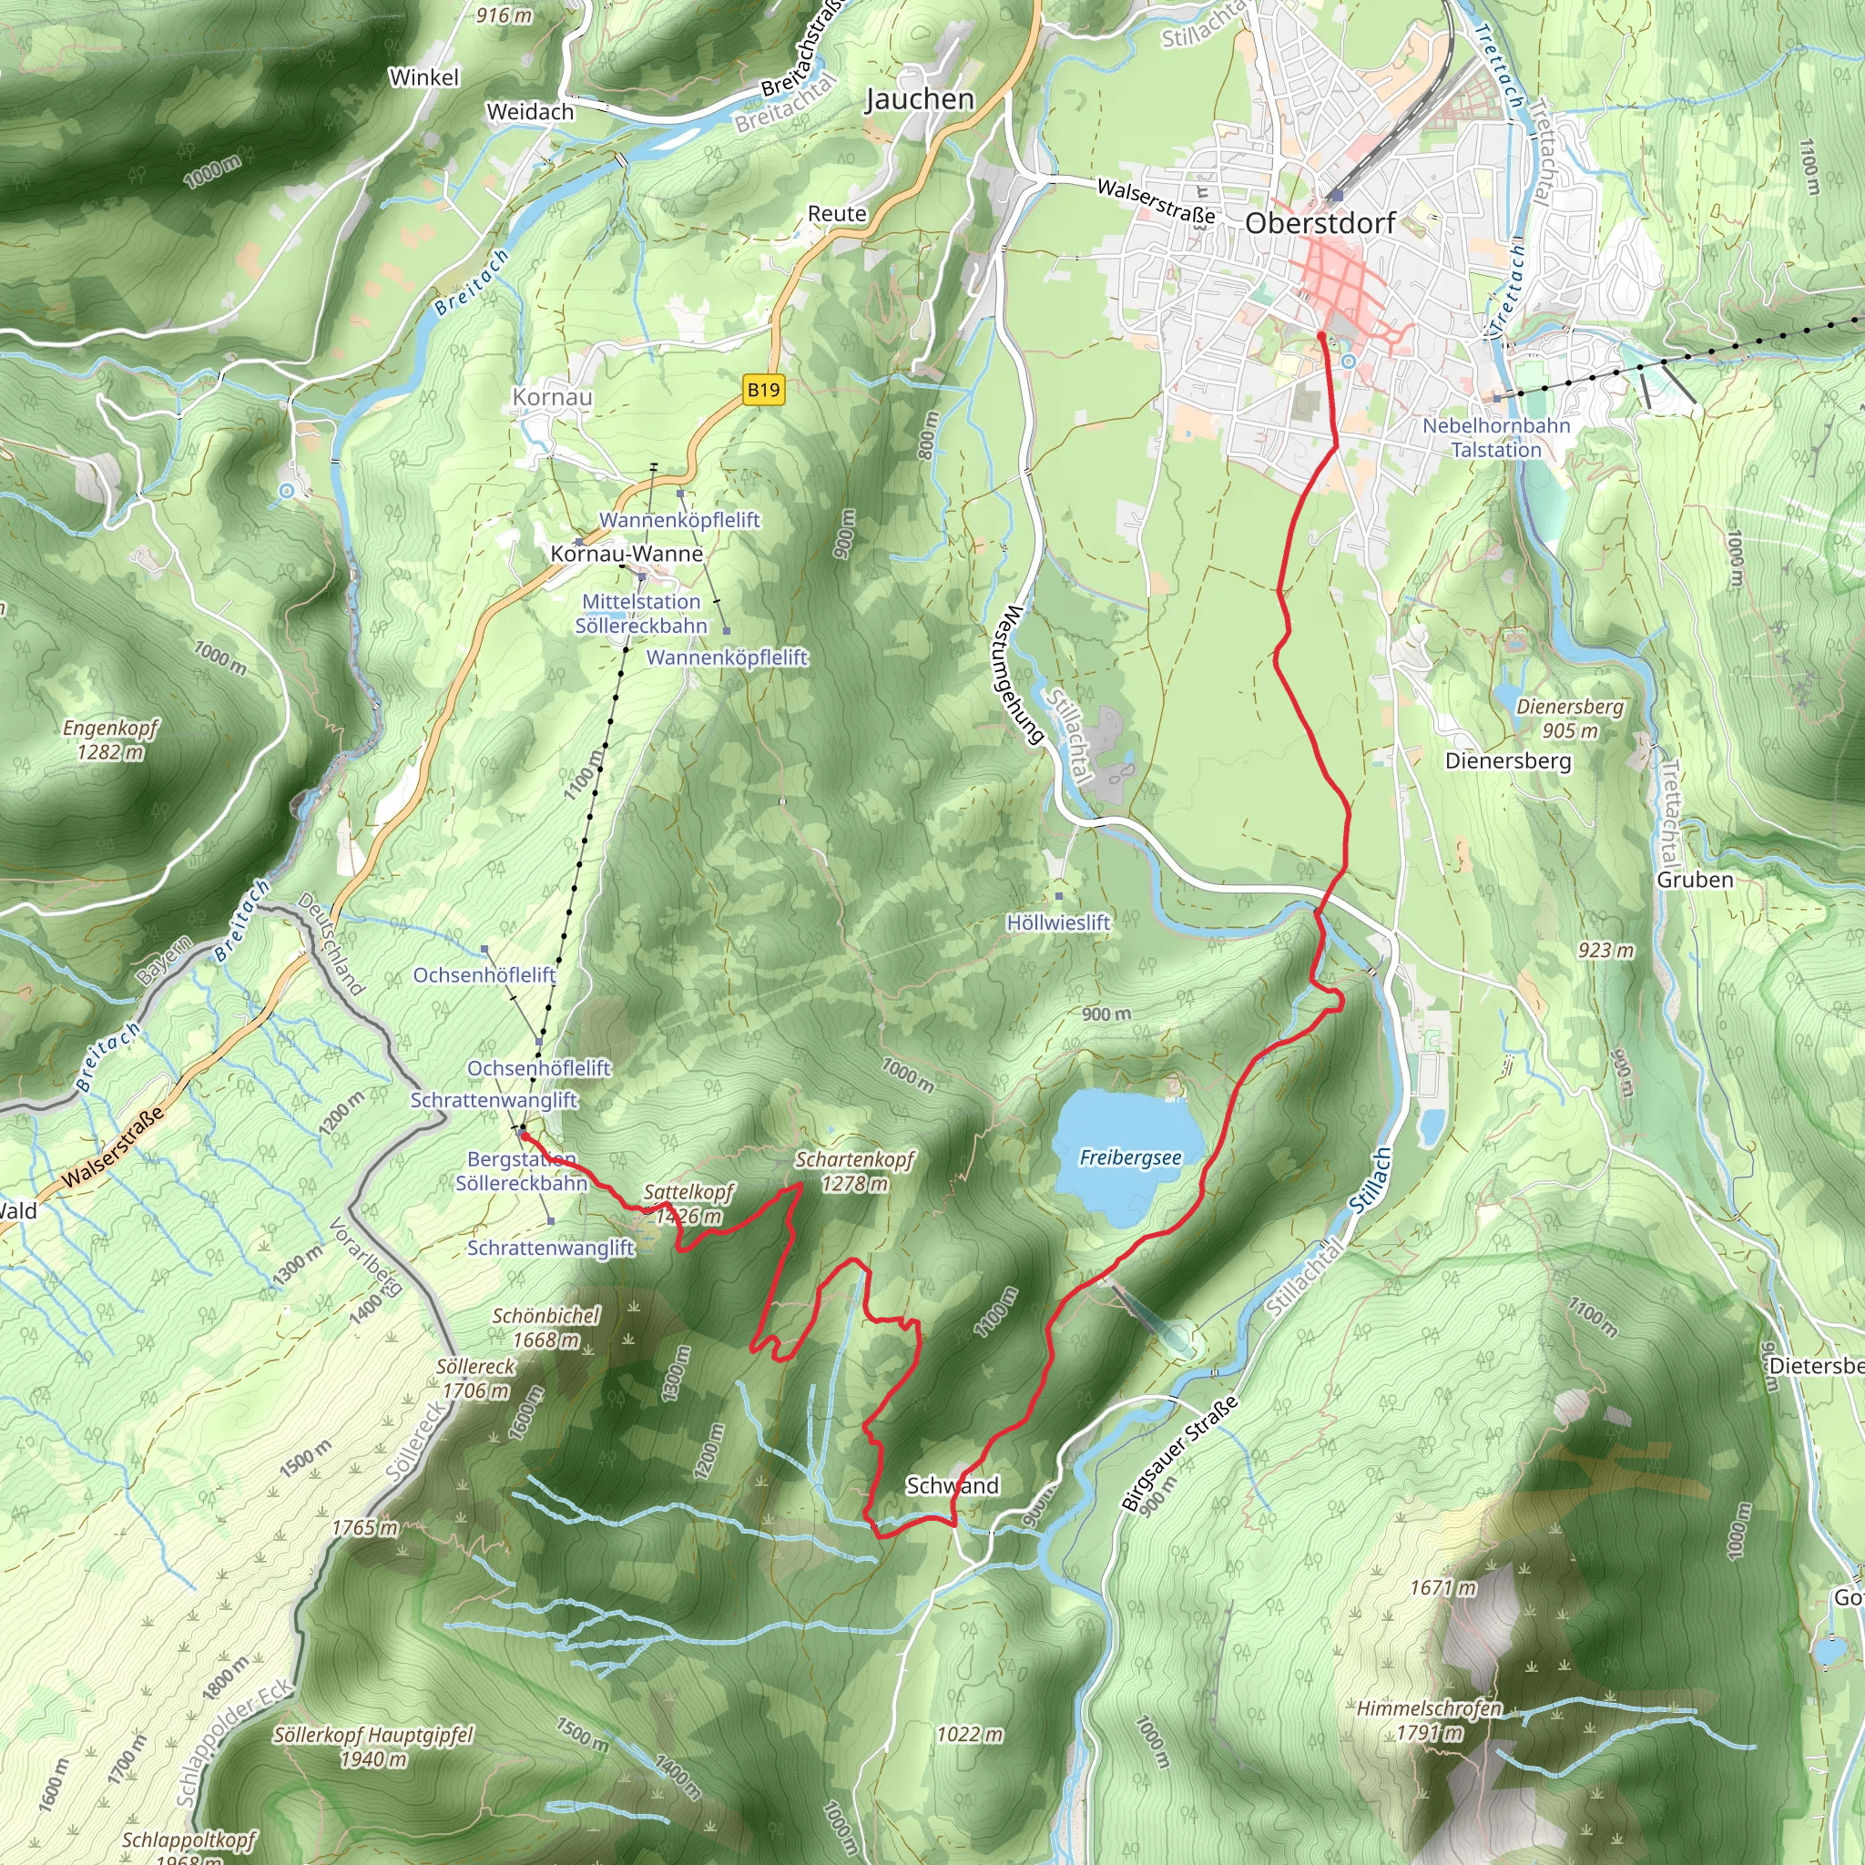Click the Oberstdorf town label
tap(1320, 223)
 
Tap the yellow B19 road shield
tap(763, 390)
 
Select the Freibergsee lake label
tap(1129, 1157)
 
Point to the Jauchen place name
tap(919, 99)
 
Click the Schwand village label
tap(952, 1485)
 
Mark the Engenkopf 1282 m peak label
tap(110, 739)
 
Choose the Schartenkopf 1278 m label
tap(854, 1171)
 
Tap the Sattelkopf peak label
tap(688, 1204)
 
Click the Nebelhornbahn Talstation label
tap(1496, 437)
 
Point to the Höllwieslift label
tap(1058, 922)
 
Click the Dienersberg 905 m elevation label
tap(1570, 718)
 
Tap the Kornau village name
tap(552, 397)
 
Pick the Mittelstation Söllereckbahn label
tap(641, 614)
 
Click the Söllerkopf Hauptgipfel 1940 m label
tap(373, 1747)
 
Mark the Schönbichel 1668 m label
tap(546, 1328)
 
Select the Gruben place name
tap(1695, 880)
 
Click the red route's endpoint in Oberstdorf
tap(1320, 335)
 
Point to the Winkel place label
tap(423, 77)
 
